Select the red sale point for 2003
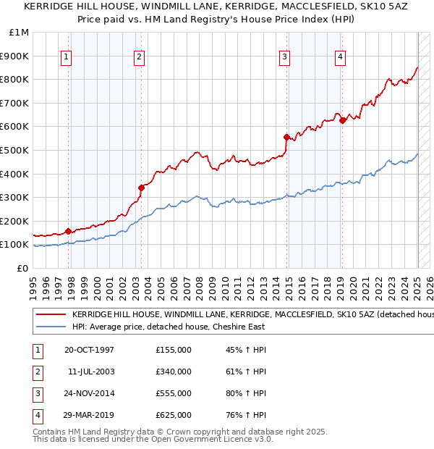[x=142, y=188]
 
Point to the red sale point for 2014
[x=287, y=137]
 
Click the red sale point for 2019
[x=343, y=120]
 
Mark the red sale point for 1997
[x=69, y=231]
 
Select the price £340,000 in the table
[x=174, y=372]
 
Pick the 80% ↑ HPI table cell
[x=247, y=393]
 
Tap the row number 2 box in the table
[x=37, y=372]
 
